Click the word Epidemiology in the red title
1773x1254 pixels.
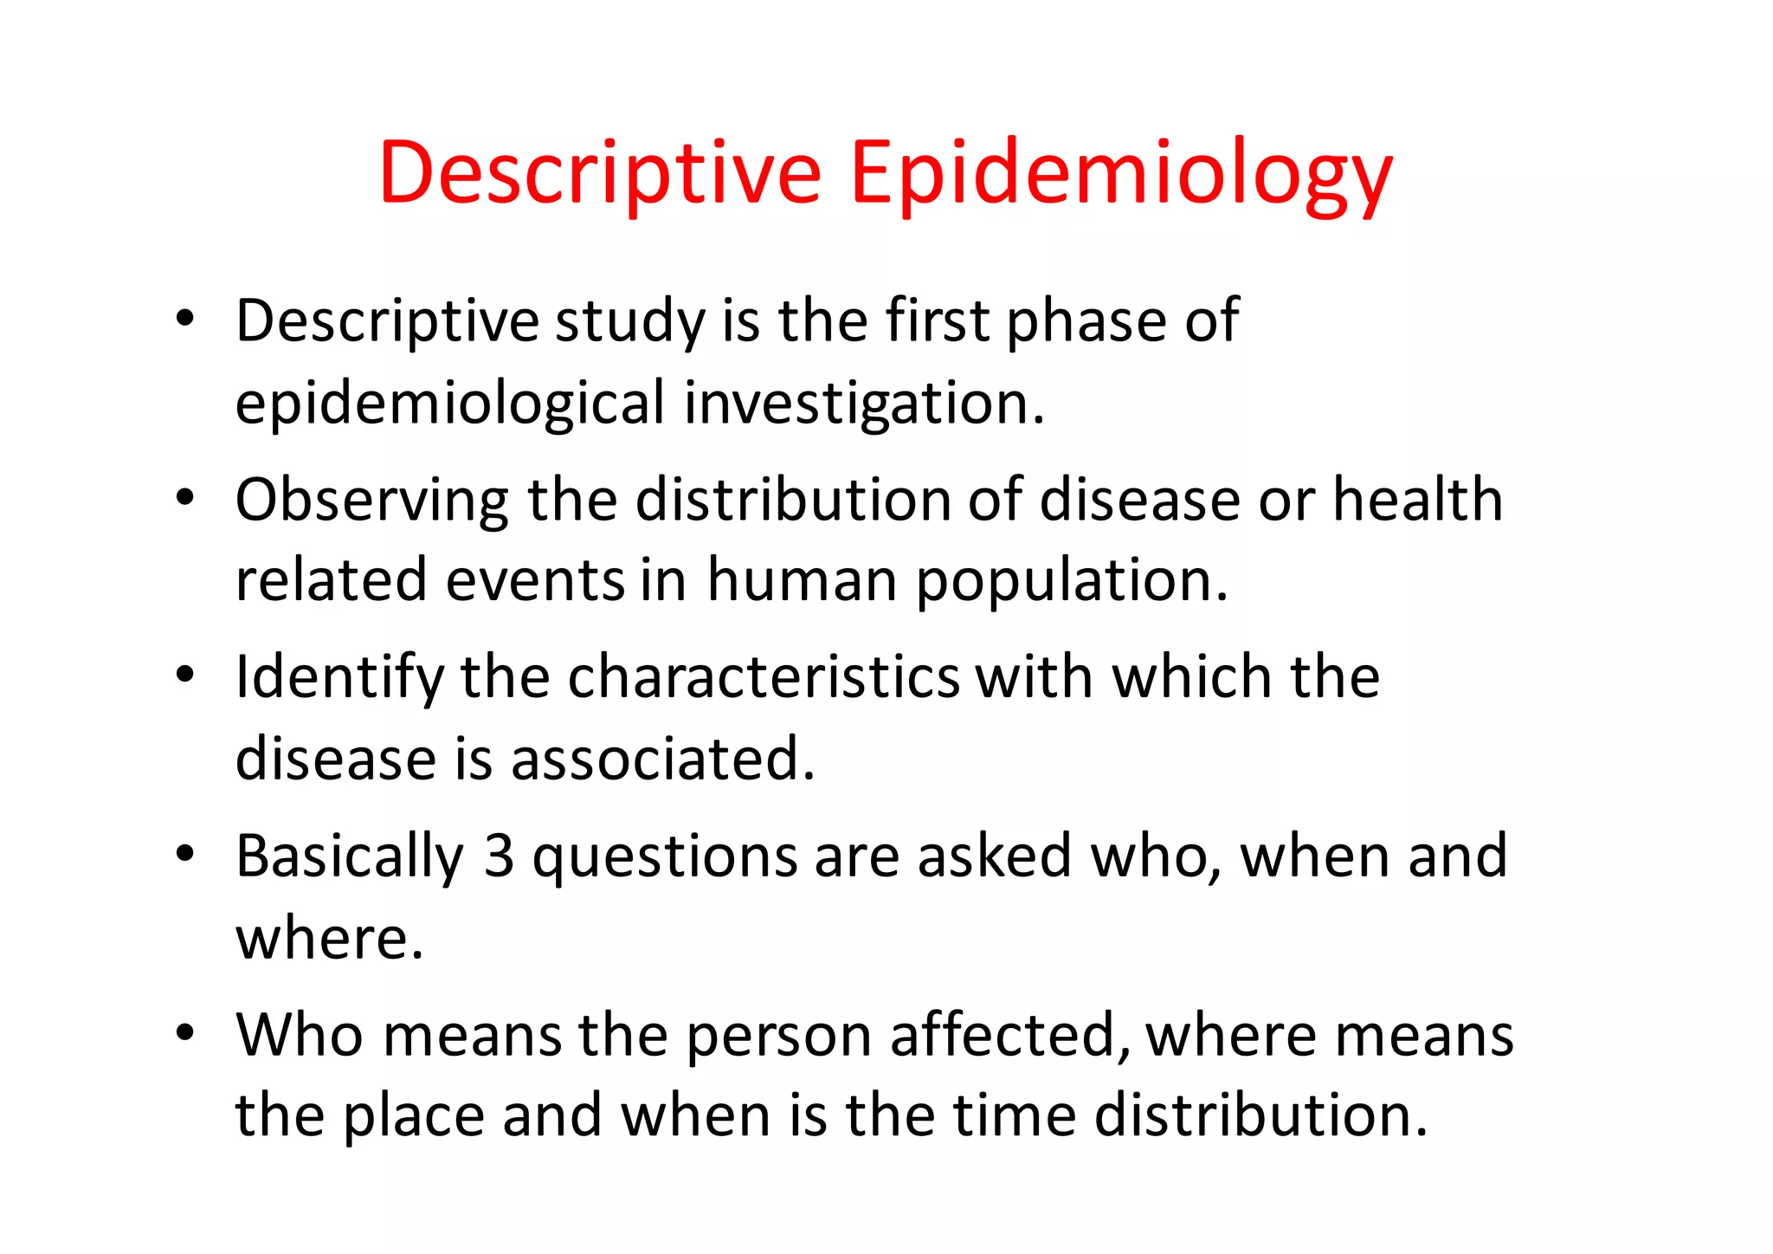pyautogui.click(x=1121, y=173)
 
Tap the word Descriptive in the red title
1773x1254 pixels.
pyautogui.click(x=599, y=173)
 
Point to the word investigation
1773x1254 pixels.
pyautogui.click(x=864, y=404)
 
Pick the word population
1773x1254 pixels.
pyautogui.click(x=1072, y=582)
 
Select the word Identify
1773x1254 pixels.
pyautogui.click(x=339, y=677)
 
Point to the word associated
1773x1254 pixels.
pyautogui.click(x=662, y=760)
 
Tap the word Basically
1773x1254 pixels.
pyautogui.click(x=350, y=857)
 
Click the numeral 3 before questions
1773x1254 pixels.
pyautogui.click(x=499, y=856)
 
